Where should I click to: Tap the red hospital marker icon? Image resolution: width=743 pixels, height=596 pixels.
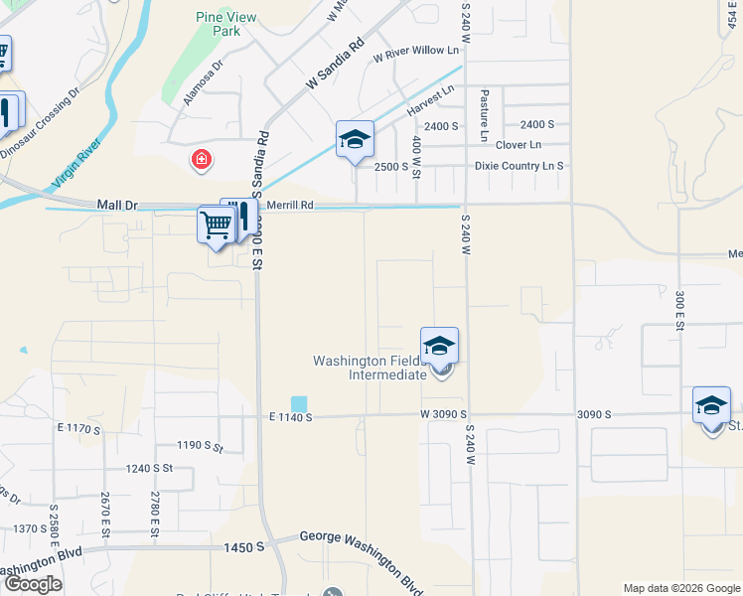pos(202,159)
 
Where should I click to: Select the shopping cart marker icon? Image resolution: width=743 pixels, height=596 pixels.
pos(215,224)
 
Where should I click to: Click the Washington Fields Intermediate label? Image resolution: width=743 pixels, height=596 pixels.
pos(372,368)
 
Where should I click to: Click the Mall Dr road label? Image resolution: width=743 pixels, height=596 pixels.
pos(117,205)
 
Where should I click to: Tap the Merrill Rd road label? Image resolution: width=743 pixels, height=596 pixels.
pos(290,205)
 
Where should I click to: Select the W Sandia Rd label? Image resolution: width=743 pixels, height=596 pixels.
pos(336,65)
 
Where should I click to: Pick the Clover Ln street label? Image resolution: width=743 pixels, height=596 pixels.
pos(519,145)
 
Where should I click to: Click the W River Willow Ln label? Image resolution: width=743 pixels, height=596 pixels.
pos(416,51)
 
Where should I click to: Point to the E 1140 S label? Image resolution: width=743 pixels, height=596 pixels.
pos(289,418)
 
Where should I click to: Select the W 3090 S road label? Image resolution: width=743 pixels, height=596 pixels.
pos(443,413)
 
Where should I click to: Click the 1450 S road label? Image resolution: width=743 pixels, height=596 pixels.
pos(244,547)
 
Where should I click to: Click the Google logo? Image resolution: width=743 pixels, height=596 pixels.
pos(33,584)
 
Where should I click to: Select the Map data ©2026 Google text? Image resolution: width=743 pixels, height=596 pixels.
pos(680,588)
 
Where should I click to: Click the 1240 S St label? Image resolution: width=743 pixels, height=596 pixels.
pos(149,468)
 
